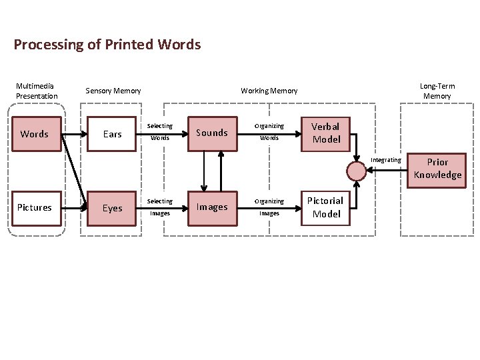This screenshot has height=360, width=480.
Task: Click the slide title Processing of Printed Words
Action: (107, 45)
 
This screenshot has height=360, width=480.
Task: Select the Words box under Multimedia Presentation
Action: (35, 134)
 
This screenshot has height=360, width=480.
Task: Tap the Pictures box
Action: (35, 207)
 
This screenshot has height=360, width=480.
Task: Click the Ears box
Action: (112, 134)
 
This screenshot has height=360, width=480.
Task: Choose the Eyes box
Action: (112, 208)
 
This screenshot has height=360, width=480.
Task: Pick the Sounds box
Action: (212, 133)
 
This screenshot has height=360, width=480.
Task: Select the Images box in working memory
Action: (212, 207)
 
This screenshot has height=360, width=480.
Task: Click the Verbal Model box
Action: (326, 133)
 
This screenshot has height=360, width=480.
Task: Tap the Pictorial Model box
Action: (326, 207)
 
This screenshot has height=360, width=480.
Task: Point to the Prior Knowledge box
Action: (437, 169)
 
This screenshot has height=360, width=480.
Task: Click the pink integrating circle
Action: (357, 171)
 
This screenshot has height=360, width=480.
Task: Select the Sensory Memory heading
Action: (113, 91)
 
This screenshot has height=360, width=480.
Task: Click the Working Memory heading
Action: (269, 91)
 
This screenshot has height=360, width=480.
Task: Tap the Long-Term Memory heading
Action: (437, 91)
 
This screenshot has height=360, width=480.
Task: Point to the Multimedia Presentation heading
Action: (37, 91)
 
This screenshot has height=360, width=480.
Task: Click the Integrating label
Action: (386, 160)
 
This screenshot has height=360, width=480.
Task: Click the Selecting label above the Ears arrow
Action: (159, 126)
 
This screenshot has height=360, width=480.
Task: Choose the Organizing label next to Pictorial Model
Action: (269, 201)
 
